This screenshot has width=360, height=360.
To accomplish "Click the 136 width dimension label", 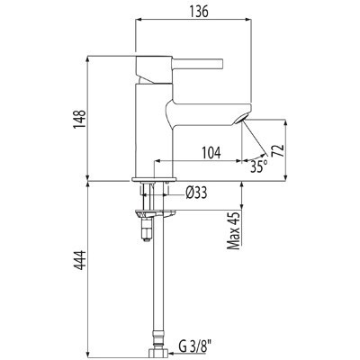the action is click(x=199, y=12).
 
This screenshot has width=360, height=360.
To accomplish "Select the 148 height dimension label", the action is click(x=79, y=120).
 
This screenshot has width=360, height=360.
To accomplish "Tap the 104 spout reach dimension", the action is click(x=211, y=153).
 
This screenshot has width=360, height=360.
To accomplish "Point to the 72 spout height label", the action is click(x=277, y=150).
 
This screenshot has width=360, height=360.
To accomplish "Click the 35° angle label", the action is click(x=259, y=166).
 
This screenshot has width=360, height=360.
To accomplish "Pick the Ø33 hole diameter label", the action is click(x=196, y=193).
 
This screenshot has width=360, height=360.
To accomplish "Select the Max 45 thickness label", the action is click(x=234, y=230).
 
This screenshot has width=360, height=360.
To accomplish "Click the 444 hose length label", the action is click(x=80, y=260).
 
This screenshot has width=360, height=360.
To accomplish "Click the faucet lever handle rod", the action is click(x=198, y=64).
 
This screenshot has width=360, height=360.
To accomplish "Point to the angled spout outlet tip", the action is click(x=241, y=119).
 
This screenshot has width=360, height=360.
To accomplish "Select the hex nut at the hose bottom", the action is click(x=158, y=353).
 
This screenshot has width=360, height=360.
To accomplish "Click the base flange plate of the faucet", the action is click(x=154, y=179).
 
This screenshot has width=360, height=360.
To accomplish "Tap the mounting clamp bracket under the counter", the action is click(x=155, y=213).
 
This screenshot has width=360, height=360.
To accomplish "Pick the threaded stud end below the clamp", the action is click(x=147, y=229).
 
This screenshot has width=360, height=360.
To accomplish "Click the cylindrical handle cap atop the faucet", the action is click(x=154, y=69).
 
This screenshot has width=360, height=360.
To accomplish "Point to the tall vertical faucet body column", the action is click(x=154, y=130).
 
